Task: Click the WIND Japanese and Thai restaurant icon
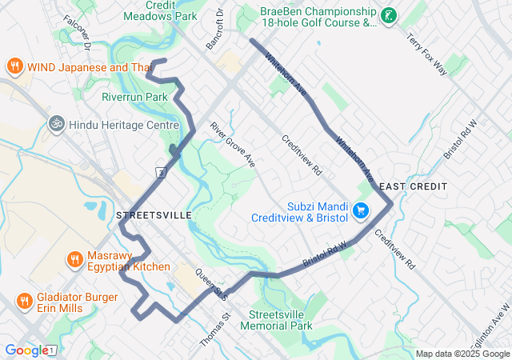[14, 66]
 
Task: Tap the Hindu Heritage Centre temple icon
[55, 125]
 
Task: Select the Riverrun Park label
[134, 97]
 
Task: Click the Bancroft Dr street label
[215, 30]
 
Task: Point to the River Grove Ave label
[233, 144]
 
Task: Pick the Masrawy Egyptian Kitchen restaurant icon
[74, 259]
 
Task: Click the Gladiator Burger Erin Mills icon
[25, 302]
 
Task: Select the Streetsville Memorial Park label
[280, 320]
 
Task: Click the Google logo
[26, 350]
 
